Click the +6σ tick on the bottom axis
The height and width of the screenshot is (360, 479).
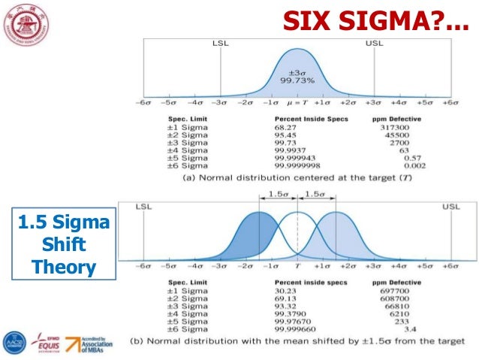click(450, 265)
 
